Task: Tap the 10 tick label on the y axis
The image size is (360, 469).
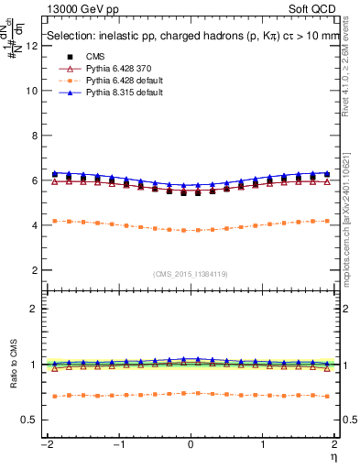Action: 33,91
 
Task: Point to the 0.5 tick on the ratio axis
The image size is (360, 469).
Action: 31,420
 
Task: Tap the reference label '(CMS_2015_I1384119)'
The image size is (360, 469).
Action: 191,274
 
